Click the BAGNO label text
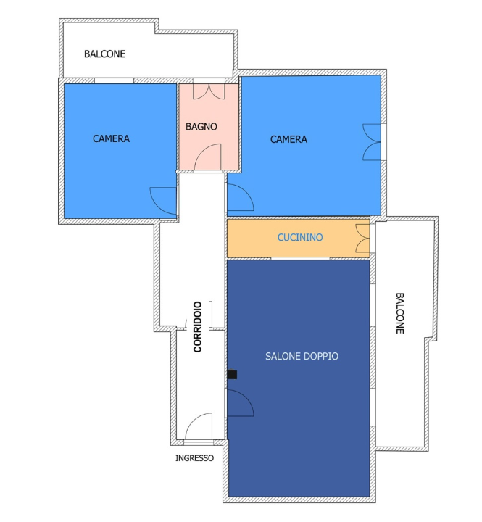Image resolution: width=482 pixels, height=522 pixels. pyautogui.click(x=201, y=126)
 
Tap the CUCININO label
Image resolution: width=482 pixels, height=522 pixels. pyautogui.click(x=300, y=237)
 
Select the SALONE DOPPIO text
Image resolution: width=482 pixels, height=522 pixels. pyautogui.click(x=302, y=357)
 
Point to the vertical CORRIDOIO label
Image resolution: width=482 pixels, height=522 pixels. pyautogui.click(x=197, y=327)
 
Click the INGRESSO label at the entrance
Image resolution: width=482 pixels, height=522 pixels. pyautogui.click(x=194, y=458)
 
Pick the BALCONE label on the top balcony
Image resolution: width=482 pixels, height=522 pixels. pyautogui.click(x=104, y=54)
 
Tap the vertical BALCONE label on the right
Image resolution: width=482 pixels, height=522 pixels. pyautogui.click(x=399, y=312)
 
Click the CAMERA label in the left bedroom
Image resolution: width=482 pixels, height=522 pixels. pyautogui.click(x=111, y=138)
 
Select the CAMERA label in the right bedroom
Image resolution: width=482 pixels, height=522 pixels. pyautogui.click(x=288, y=139)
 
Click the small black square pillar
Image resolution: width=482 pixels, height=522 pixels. pyautogui.click(x=232, y=375)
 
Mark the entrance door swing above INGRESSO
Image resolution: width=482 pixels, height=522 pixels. pyautogui.click(x=199, y=428)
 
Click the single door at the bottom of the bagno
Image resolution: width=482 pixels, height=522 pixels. pyautogui.click(x=208, y=157)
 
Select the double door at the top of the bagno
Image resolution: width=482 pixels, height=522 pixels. pyautogui.click(x=209, y=91)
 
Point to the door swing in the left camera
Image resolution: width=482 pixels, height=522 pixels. pyautogui.click(x=164, y=200)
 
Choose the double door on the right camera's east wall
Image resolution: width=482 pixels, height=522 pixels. pyautogui.click(x=372, y=141)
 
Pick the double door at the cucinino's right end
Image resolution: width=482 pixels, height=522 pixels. pyautogui.click(x=362, y=239)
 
